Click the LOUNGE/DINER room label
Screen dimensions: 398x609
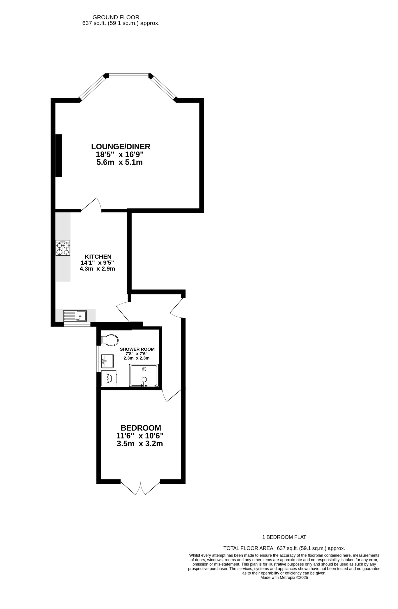[121, 147]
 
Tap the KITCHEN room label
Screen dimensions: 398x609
[98, 257]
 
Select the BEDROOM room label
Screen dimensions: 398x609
[141, 428]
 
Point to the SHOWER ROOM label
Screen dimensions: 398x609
[137, 349]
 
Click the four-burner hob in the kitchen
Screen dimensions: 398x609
[63, 248]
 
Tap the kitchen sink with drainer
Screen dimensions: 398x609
[75, 316]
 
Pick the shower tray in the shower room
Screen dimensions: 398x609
[144, 375]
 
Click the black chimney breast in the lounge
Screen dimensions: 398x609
[59, 156]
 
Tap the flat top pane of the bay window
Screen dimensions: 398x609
[129, 76]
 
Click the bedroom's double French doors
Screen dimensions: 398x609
[140, 489]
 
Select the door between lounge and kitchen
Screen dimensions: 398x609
[91, 205]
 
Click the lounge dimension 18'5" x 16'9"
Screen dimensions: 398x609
[120, 155]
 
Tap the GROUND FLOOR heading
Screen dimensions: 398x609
[116, 17]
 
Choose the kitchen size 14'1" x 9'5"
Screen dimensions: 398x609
[97, 263]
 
